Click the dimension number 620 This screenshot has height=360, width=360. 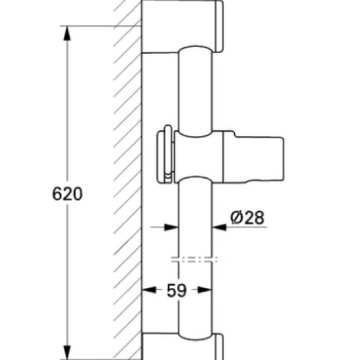click(x=68, y=194)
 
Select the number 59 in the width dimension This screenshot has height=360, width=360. click(x=176, y=291)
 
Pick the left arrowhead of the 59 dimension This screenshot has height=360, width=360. click(x=146, y=291)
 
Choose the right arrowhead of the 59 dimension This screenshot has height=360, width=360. click(x=208, y=291)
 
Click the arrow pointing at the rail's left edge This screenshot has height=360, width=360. click(x=173, y=228)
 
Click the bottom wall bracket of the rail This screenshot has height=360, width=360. click(x=184, y=347)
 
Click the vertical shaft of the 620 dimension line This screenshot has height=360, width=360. click(x=68, y=115)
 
